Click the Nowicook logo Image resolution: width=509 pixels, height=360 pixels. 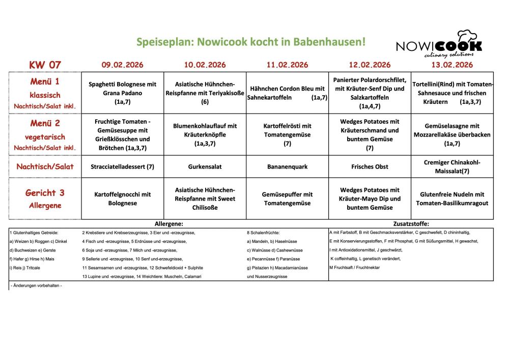click(439, 46)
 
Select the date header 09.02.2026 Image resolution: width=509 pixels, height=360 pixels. click(122, 65)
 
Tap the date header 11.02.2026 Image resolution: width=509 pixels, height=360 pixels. click(287, 65)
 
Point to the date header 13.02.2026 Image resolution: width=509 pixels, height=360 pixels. click(452, 65)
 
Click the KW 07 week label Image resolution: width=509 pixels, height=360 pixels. click(45, 65)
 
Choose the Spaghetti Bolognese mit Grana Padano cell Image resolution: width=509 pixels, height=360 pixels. click(122, 93)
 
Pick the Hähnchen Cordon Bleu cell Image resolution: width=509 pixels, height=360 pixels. click(287, 93)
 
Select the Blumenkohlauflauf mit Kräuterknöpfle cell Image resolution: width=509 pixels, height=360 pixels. click(205, 135)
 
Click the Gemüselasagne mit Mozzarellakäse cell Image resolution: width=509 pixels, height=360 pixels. click(452, 135)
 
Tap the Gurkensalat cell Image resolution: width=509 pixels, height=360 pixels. click(205, 167)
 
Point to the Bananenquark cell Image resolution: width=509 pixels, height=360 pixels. click(287, 167)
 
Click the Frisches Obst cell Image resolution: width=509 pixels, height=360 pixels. click(370, 167)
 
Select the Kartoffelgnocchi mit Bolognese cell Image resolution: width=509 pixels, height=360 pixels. click(122, 199)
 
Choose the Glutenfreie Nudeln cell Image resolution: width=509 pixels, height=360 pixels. click(452, 199)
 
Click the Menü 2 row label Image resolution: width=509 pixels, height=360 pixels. click(45, 123)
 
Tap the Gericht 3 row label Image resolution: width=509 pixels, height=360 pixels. click(45, 193)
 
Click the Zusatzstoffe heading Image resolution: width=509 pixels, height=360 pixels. click(411, 224)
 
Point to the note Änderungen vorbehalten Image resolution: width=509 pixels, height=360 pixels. click(36, 286)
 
